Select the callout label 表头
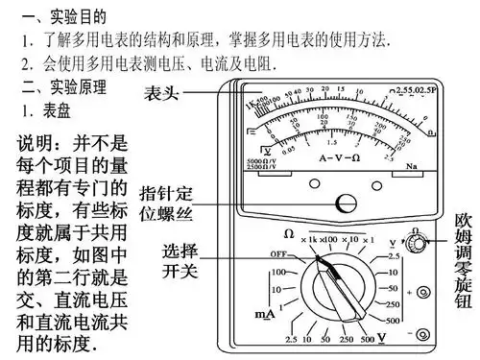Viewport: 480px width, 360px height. [160, 93]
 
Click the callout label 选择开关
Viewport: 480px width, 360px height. [180, 261]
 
